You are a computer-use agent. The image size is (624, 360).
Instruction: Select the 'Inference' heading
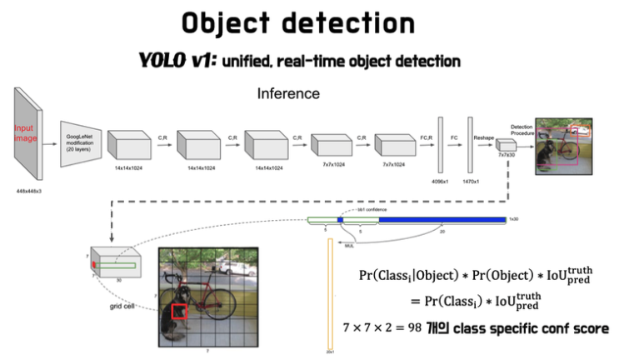tap(287, 93)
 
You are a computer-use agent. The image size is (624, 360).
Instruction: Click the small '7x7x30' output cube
tap(507, 144)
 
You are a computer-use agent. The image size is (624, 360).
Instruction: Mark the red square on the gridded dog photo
tap(179, 312)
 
